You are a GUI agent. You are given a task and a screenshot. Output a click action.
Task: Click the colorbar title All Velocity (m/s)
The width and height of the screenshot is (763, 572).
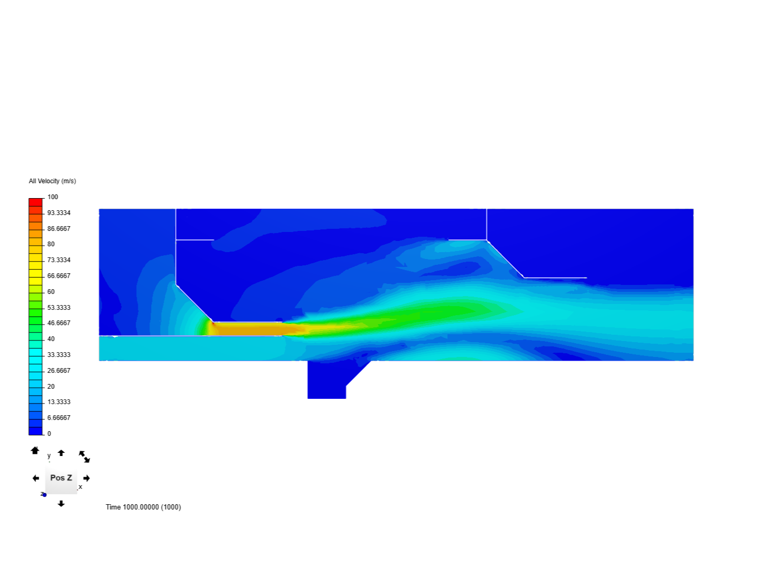click(52, 181)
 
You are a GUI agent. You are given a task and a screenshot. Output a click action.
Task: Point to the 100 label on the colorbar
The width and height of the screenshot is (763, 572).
click(52, 197)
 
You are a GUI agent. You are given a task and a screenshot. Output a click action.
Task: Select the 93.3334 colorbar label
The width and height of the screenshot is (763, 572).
click(59, 213)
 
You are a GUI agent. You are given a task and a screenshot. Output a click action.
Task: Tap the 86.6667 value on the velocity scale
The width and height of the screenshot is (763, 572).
click(59, 228)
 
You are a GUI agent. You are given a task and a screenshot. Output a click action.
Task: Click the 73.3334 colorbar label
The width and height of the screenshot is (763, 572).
click(59, 260)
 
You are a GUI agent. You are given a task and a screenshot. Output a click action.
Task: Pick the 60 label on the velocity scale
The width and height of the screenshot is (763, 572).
click(51, 292)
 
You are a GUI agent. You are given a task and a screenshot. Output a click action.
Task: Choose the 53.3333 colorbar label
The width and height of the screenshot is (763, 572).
click(59, 308)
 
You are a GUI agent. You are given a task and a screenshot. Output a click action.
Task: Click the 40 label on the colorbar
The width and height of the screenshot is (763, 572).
click(51, 339)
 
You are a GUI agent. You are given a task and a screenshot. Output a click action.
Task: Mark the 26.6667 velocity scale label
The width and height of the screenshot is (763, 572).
click(59, 371)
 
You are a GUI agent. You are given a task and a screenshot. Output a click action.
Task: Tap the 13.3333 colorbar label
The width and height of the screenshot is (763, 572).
click(59, 402)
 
